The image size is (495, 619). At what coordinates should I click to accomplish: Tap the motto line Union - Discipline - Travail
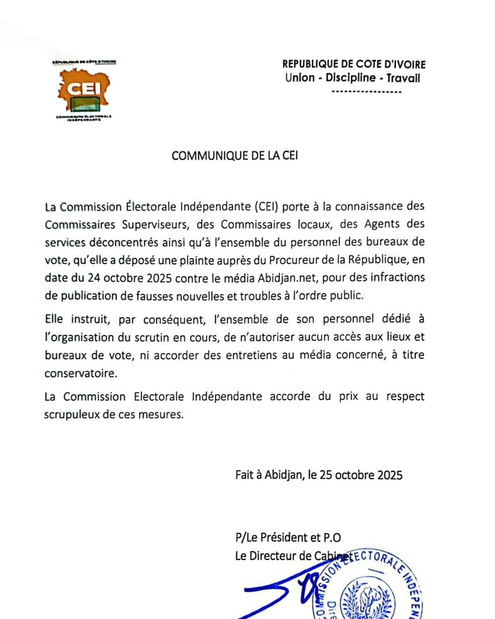tap(352, 78)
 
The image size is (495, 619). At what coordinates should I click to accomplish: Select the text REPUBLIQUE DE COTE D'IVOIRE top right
tap(354, 65)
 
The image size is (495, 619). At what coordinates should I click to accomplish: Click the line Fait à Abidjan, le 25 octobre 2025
tap(318, 475)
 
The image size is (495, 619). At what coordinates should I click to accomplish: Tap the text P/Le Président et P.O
tap(291, 538)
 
